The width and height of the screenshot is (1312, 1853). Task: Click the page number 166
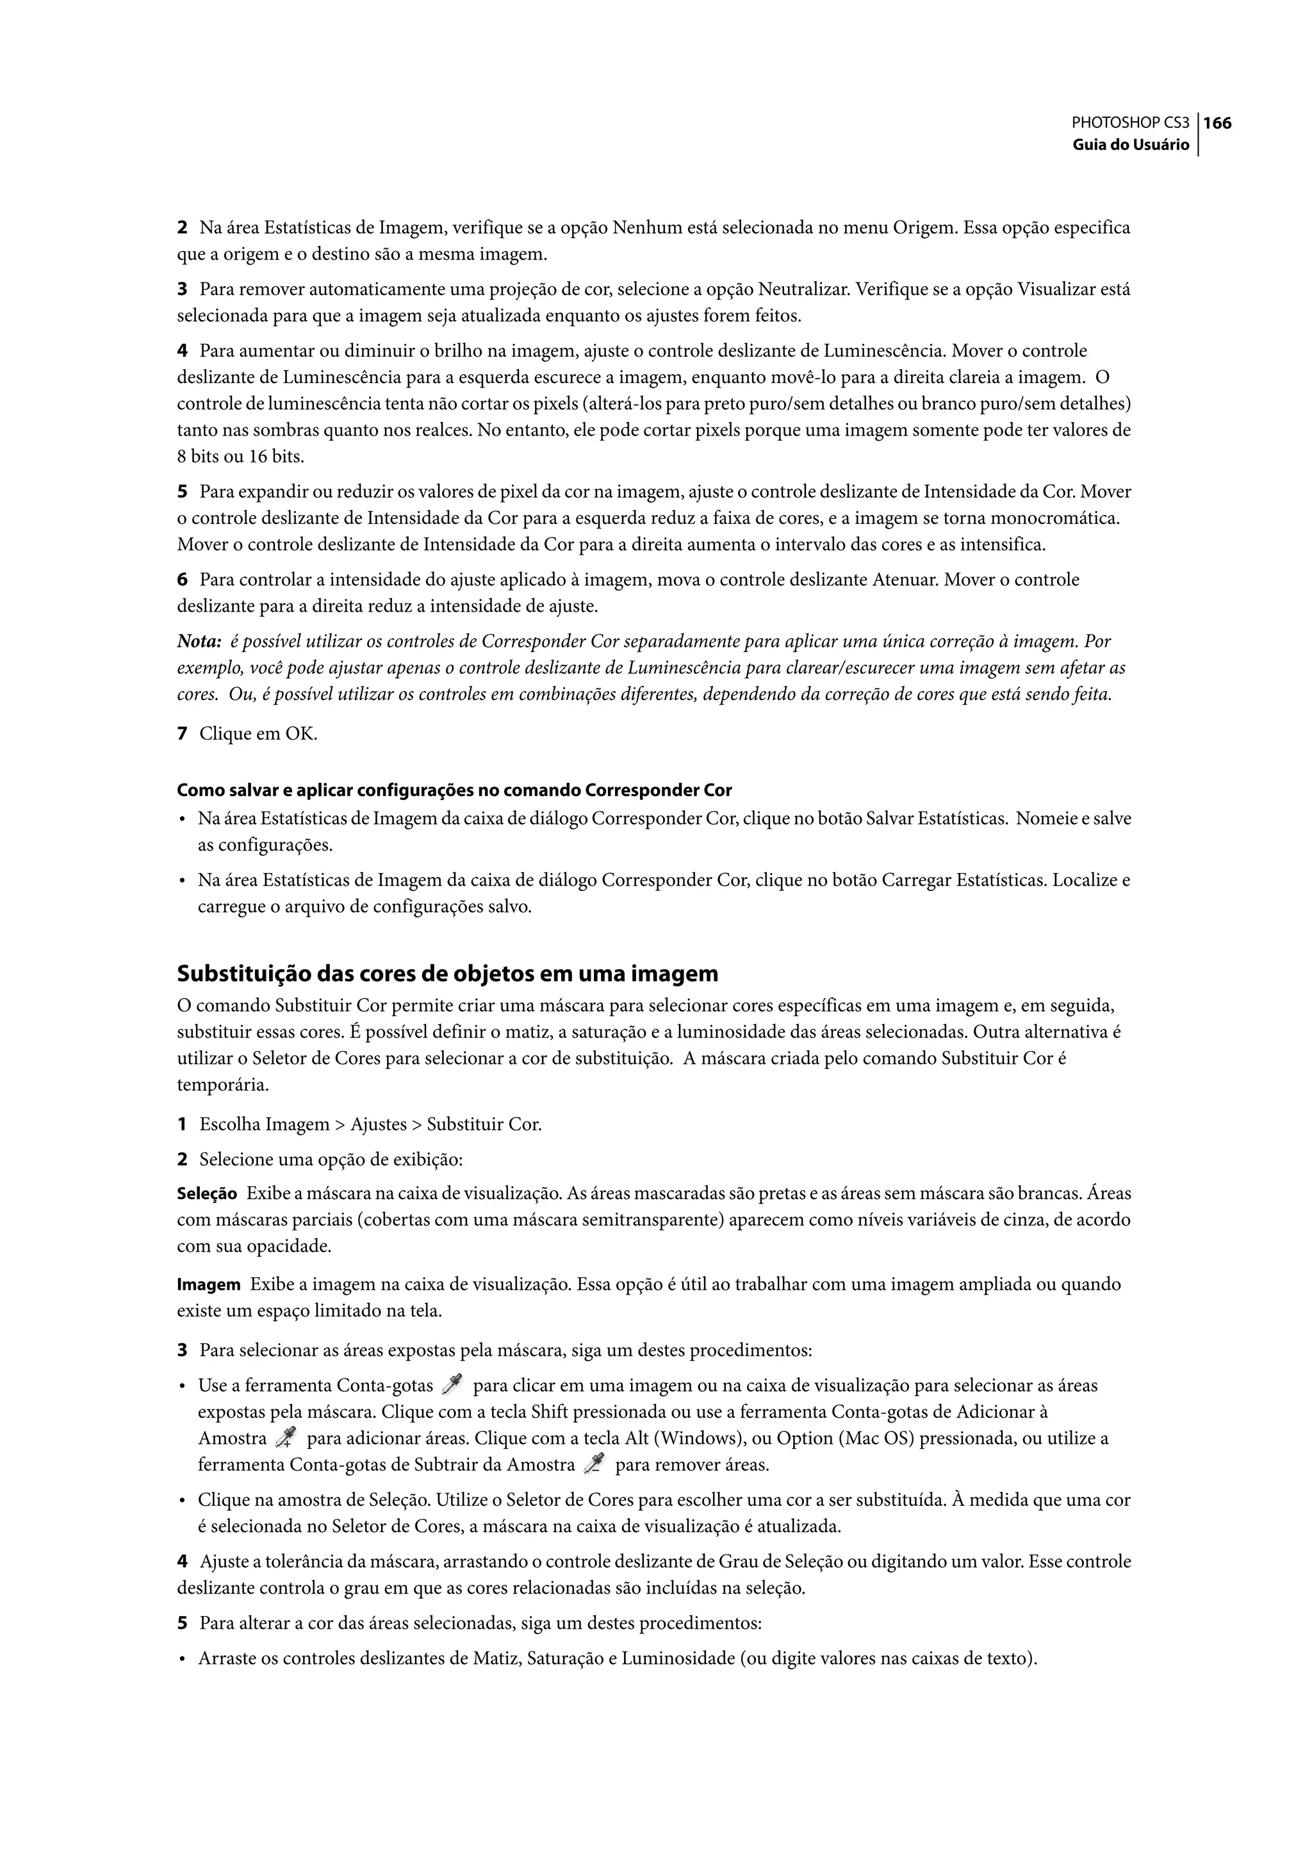tap(1217, 124)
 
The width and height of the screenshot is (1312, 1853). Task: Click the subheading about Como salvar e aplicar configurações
tap(454, 790)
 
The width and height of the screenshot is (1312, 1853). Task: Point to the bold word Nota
tap(199, 642)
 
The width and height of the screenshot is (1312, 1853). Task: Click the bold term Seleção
tap(207, 1194)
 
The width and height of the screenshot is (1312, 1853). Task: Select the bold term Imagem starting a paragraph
tap(208, 1285)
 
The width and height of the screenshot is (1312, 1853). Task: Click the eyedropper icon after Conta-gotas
tap(452, 1385)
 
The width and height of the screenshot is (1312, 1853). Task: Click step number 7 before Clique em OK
tap(182, 734)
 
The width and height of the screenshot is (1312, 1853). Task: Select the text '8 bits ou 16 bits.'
tap(241, 457)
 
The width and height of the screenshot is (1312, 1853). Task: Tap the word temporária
tap(222, 1086)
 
